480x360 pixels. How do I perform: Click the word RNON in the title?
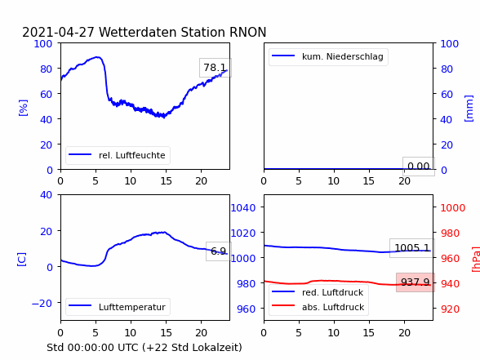point(247,32)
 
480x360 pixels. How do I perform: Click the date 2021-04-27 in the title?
point(58,32)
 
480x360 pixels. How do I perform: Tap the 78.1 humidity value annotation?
point(215,67)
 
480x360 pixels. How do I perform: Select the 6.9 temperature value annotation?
point(218,251)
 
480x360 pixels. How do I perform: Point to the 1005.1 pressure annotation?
point(412,247)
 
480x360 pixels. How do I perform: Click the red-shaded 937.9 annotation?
point(415,282)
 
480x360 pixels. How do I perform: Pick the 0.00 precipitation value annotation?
point(419,167)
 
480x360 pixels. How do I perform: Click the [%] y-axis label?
point(23,108)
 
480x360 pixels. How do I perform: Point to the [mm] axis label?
point(469,109)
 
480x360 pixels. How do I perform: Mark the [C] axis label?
point(22,260)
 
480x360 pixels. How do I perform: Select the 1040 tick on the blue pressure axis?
point(243,208)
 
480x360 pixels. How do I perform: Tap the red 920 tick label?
point(450,309)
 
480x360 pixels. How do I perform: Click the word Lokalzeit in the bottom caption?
point(220,348)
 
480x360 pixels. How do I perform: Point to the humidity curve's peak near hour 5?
point(97,57)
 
